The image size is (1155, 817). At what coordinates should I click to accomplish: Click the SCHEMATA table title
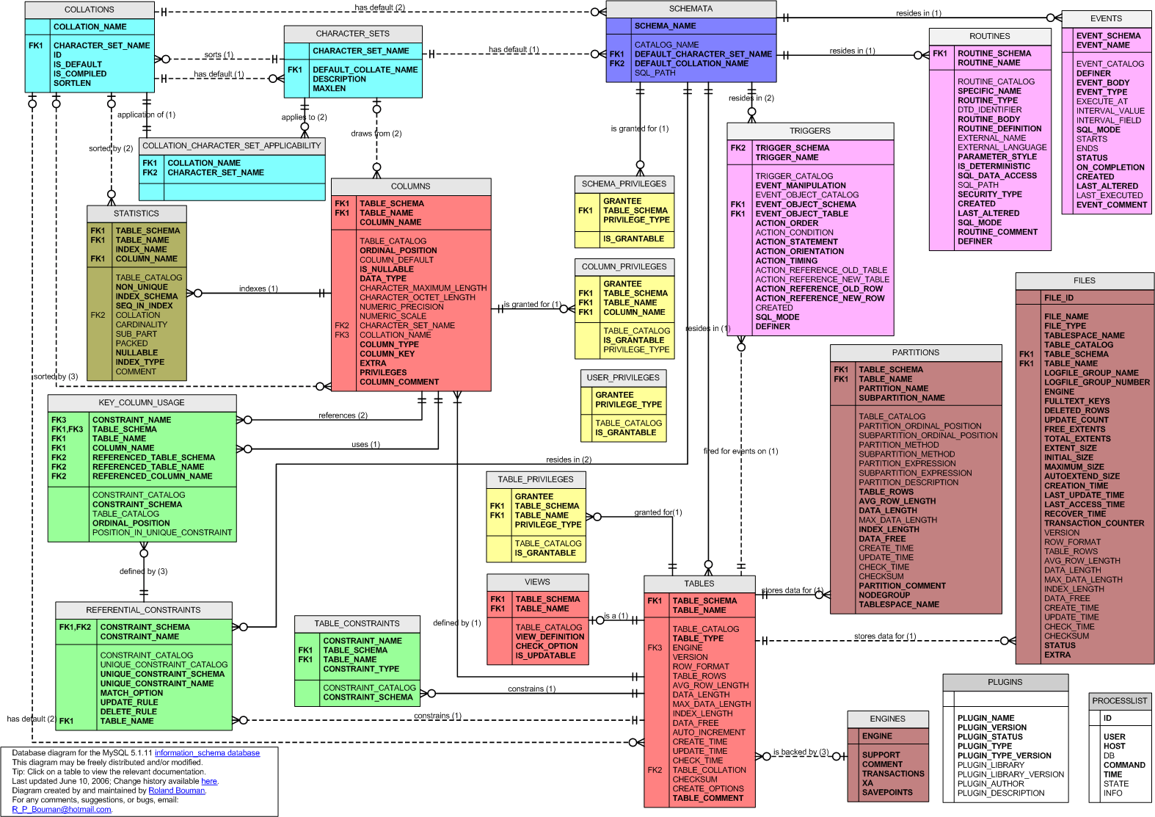[x=691, y=9]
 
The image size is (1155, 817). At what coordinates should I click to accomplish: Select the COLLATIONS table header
[x=90, y=10]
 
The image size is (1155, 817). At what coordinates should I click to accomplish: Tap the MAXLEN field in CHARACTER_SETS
[x=329, y=88]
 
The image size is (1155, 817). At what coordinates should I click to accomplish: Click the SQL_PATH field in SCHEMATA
[x=655, y=73]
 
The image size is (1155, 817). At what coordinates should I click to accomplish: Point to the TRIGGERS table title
[x=810, y=131]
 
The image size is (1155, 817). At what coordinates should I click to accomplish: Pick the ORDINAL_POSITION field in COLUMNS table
[x=398, y=250]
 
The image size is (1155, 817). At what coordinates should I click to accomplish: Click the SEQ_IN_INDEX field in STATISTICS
[x=144, y=306]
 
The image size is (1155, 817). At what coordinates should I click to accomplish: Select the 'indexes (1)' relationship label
[x=258, y=288]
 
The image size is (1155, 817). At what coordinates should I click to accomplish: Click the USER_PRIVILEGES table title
[x=623, y=377]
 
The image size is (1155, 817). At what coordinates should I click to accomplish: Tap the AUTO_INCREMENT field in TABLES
[x=708, y=732]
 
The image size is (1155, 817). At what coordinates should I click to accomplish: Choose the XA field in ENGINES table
[x=867, y=783]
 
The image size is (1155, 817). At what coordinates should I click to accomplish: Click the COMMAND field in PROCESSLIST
[x=1124, y=765]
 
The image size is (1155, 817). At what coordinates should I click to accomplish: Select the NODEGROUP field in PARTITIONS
[x=884, y=595]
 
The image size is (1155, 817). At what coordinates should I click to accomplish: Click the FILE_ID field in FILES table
[x=1058, y=298]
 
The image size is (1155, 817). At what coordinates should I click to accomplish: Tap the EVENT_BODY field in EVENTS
[x=1102, y=83]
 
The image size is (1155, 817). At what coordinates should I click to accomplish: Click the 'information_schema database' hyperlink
[x=207, y=753]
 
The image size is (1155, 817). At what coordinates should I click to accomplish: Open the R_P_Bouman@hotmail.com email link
[x=62, y=810]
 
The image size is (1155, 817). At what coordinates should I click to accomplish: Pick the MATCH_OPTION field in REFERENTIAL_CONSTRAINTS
[x=131, y=693]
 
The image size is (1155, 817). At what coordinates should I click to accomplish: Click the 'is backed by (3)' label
[x=801, y=752]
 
